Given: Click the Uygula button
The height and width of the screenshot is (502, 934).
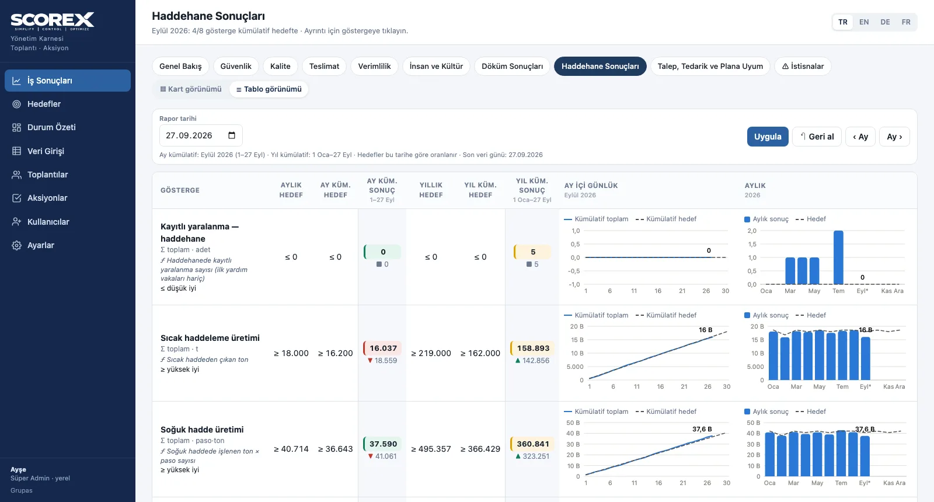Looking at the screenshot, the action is pyautogui.click(x=767, y=137).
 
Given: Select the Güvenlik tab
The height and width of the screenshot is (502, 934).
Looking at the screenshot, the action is pyautogui.click(x=236, y=67).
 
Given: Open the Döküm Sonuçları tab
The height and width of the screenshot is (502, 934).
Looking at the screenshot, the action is pyautogui.click(x=512, y=67).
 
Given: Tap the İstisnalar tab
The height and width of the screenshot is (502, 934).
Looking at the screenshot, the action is pyautogui.click(x=803, y=67).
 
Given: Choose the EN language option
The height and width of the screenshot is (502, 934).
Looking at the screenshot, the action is pyautogui.click(x=864, y=22).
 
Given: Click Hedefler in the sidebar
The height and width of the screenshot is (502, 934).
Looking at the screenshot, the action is pyautogui.click(x=44, y=104).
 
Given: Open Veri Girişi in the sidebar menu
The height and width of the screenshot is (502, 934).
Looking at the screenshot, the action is pyautogui.click(x=46, y=151).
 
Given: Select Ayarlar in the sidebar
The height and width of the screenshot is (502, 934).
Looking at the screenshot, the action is pyautogui.click(x=40, y=245).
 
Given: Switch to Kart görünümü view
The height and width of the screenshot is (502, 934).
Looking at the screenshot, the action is pyautogui.click(x=191, y=89).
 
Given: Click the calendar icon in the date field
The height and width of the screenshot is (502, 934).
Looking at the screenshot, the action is pyautogui.click(x=232, y=135).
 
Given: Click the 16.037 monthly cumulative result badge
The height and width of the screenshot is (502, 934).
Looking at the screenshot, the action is pyautogui.click(x=383, y=348).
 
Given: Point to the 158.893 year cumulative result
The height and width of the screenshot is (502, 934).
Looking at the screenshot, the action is pyautogui.click(x=533, y=348).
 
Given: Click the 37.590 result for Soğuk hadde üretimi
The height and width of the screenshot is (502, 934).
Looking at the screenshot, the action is pyautogui.click(x=383, y=444).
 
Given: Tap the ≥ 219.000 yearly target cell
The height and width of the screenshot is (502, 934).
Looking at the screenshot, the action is pyautogui.click(x=431, y=353).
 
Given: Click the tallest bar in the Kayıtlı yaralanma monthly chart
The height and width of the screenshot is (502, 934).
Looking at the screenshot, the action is pyautogui.click(x=838, y=257).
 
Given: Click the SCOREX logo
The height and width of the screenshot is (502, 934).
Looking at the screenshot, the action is pyautogui.click(x=53, y=21).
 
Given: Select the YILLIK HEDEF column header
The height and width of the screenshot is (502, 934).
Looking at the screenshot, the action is pyautogui.click(x=431, y=190).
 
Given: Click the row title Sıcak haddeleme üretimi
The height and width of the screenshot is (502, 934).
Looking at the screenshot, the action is pyautogui.click(x=210, y=338).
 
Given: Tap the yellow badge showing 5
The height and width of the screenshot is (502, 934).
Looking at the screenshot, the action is pyautogui.click(x=532, y=252).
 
